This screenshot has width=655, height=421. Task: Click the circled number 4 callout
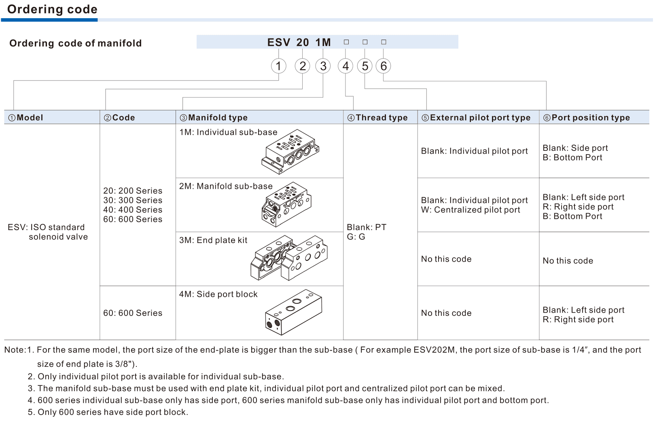tap(346, 66)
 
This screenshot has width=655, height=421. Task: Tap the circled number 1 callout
tap(278, 66)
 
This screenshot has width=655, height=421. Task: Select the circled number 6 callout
tap(384, 66)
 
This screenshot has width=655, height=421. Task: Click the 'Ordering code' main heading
tap(52, 9)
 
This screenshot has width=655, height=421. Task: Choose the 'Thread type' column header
tap(377, 118)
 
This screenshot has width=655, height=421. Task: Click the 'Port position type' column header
tap(587, 118)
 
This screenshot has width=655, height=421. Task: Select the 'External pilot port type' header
tap(476, 118)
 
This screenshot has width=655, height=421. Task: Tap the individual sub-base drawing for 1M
tap(290, 152)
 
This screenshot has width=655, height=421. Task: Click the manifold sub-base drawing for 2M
tap(286, 204)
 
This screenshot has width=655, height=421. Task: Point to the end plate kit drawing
tap(289, 258)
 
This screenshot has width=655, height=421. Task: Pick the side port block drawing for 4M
tap(294, 312)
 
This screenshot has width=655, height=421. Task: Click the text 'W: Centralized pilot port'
tap(471, 209)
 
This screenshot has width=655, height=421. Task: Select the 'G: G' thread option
tap(356, 237)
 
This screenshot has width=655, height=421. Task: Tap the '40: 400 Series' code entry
tap(133, 209)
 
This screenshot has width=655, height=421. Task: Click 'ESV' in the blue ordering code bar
tap(279, 42)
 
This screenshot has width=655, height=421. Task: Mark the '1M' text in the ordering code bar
tap(323, 42)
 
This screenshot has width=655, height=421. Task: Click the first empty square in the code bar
tap(346, 42)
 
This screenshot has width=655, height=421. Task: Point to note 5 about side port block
tap(108, 412)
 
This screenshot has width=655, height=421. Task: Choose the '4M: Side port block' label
tap(218, 294)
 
